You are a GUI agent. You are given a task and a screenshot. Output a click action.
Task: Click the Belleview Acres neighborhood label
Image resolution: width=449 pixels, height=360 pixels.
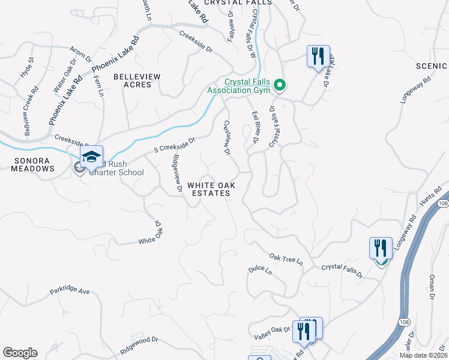pyautogui.click(x=137, y=81)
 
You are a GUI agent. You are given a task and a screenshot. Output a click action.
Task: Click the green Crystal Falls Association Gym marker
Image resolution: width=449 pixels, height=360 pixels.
pyautogui.click(x=279, y=86)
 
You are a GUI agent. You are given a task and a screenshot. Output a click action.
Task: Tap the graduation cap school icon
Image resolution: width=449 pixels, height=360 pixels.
pyautogui.click(x=91, y=157)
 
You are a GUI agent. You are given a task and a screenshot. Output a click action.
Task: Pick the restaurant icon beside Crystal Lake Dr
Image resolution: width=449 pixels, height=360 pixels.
pyautogui.click(x=318, y=56)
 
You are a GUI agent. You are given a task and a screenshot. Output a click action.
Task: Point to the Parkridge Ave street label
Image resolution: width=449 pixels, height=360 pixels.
pyautogui.click(x=69, y=292)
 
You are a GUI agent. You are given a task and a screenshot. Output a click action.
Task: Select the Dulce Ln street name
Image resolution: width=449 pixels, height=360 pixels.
pyautogui.click(x=260, y=271)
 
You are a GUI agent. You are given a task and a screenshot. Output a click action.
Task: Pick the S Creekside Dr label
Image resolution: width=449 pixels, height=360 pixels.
pyautogui.click(x=175, y=145)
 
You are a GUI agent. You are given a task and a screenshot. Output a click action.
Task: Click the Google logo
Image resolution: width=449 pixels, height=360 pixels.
pyautogui.click(x=20, y=353)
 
